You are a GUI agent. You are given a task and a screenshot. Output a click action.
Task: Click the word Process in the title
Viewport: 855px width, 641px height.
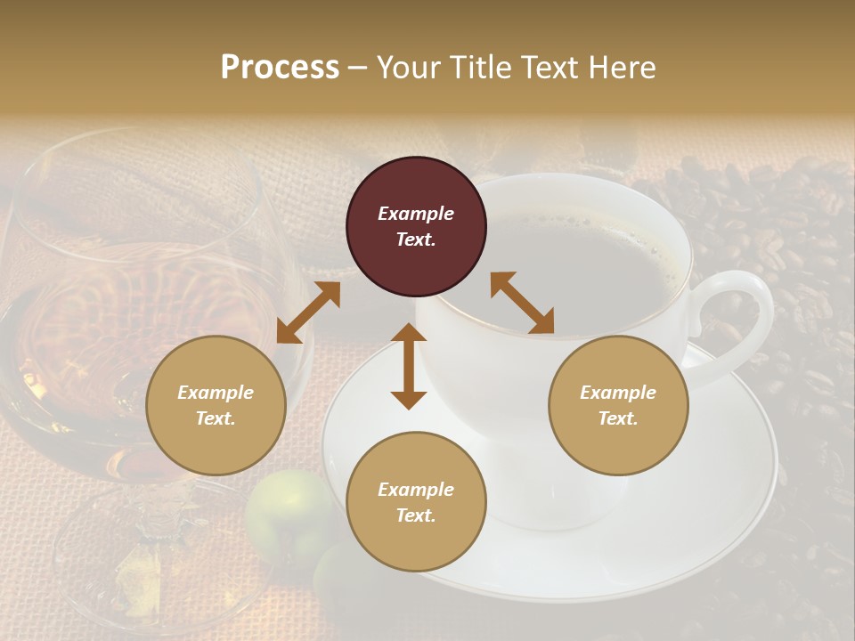280,68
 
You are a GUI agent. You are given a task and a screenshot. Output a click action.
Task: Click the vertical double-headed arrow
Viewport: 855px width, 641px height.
409,366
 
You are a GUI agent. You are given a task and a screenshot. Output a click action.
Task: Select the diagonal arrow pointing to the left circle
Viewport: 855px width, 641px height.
308,312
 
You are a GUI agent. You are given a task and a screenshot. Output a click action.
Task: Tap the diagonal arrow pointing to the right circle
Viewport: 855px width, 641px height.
522,303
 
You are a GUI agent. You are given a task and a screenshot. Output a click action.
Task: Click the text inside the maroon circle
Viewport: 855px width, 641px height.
416,226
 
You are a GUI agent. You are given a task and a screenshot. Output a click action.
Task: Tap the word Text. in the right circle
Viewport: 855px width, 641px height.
618,418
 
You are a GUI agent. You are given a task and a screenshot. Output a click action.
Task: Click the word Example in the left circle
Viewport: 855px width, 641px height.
216,393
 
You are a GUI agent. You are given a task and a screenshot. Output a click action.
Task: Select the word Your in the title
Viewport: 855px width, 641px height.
411,68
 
